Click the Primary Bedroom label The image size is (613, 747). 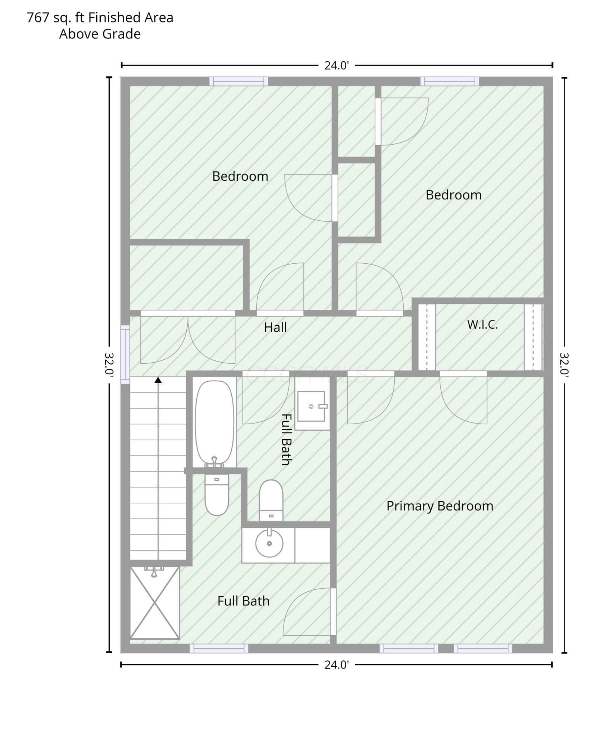click(x=440, y=506)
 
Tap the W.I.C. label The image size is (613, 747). click(x=482, y=324)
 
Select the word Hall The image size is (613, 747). click(x=275, y=327)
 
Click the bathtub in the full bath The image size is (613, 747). click(x=215, y=423)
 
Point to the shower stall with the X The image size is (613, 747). click(x=154, y=602)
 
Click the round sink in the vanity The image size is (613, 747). click(x=269, y=543)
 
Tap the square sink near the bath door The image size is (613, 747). click(x=312, y=406)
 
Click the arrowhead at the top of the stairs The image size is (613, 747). click(x=158, y=380)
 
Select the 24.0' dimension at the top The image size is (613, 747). click(x=337, y=66)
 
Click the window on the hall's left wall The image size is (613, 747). click(x=125, y=354)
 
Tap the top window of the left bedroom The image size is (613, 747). click(x=239, y=81)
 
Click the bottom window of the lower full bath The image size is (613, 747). click(x=219, y=648)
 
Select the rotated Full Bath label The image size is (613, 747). click(x=286, y=439)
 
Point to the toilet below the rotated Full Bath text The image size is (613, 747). click(x=271, y=500)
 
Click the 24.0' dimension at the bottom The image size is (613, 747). click(x=337, y=665)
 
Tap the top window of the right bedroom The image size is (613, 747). click(x=450, y=81)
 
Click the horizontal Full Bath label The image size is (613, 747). click(x=243, y=601)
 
